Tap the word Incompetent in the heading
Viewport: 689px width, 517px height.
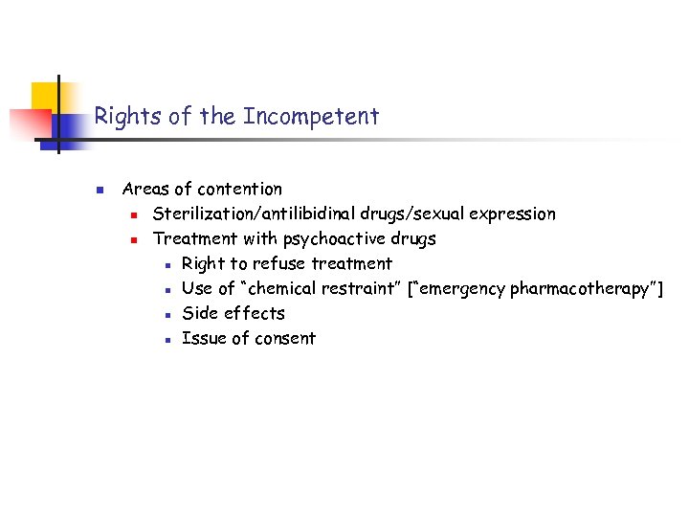click(x=311, y=117)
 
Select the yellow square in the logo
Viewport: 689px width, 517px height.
click(x=48, y=96)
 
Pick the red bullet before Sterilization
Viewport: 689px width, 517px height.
click(x=136, y=214)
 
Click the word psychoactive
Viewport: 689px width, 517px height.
click(x=331, y=238)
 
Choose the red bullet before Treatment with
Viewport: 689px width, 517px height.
click(x=136, y=239)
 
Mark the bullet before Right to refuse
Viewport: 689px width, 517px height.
click(x=167, y=264)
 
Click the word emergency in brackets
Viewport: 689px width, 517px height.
click(x=463, y=288)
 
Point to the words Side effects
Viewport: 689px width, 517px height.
click(x=233, y=313)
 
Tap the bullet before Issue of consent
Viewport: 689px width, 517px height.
click(x=167, y=339)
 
